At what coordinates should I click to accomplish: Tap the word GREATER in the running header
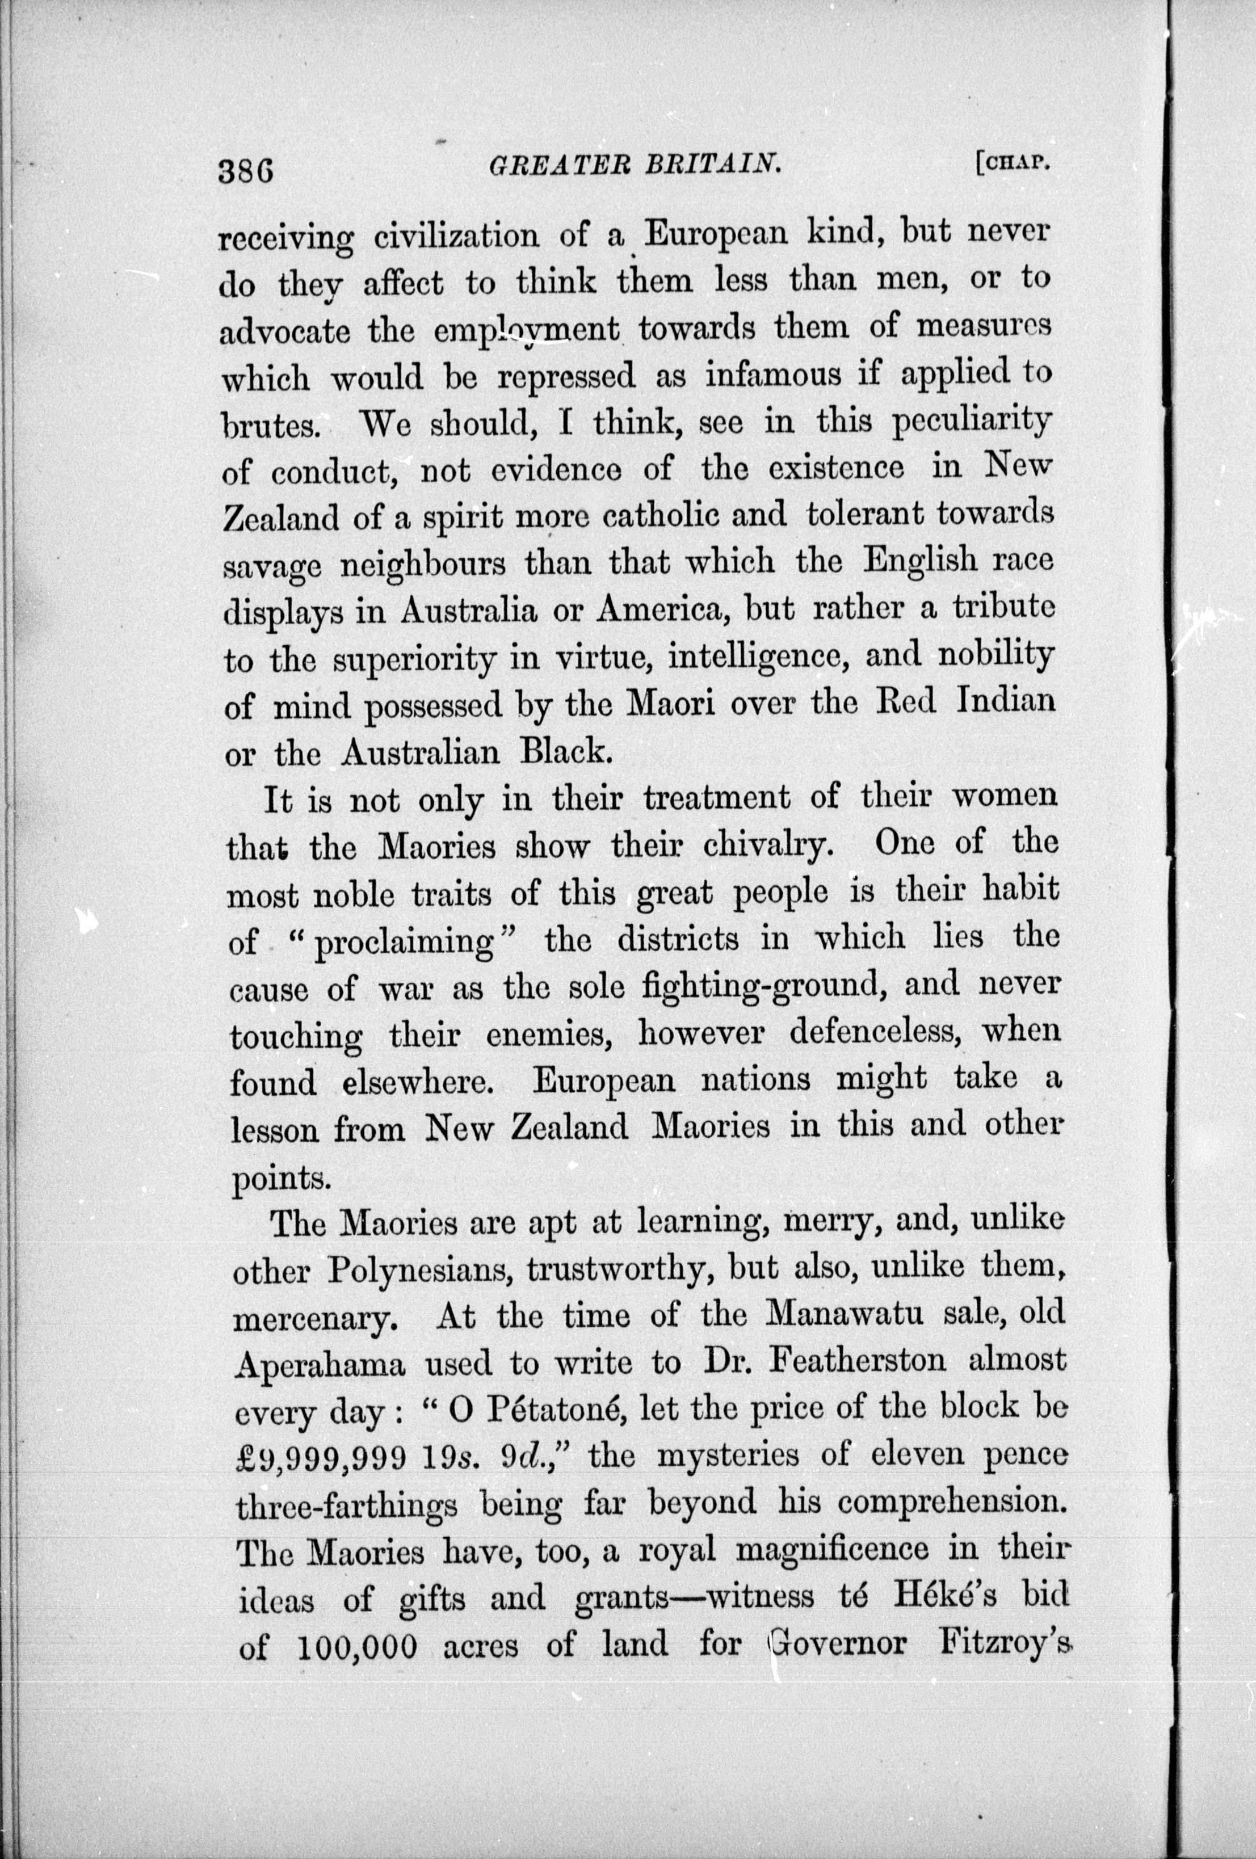[x=544, y=166]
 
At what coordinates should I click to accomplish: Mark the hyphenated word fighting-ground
[x=762, y=987]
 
